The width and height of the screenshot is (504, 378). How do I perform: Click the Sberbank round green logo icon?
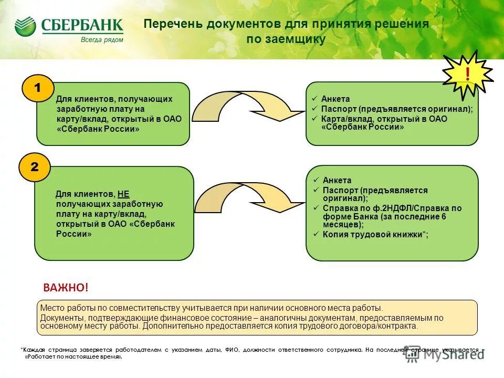click(x=25, y=26)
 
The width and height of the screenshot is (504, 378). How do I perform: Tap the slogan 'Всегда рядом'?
click(x=102, y=39)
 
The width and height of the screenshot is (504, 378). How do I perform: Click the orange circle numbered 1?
click(x=37, y=89)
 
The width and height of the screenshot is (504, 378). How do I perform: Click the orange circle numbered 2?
click(x=34, y=167)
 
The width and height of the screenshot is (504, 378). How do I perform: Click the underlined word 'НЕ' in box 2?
click(x=123, y=194)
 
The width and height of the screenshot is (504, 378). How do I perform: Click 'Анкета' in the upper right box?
click(x=335, y=99)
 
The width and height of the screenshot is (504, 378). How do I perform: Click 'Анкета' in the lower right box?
click(x=337, y=181)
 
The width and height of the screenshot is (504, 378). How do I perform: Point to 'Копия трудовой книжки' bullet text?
click(x=372, y=235)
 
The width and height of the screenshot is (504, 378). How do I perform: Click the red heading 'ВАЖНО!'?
click(x=66, y=288)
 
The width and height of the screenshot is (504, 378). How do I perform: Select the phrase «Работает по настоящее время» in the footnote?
click(x=73, y=356)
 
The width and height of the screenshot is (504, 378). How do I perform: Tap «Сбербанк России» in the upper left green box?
click(x=98, y=129)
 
